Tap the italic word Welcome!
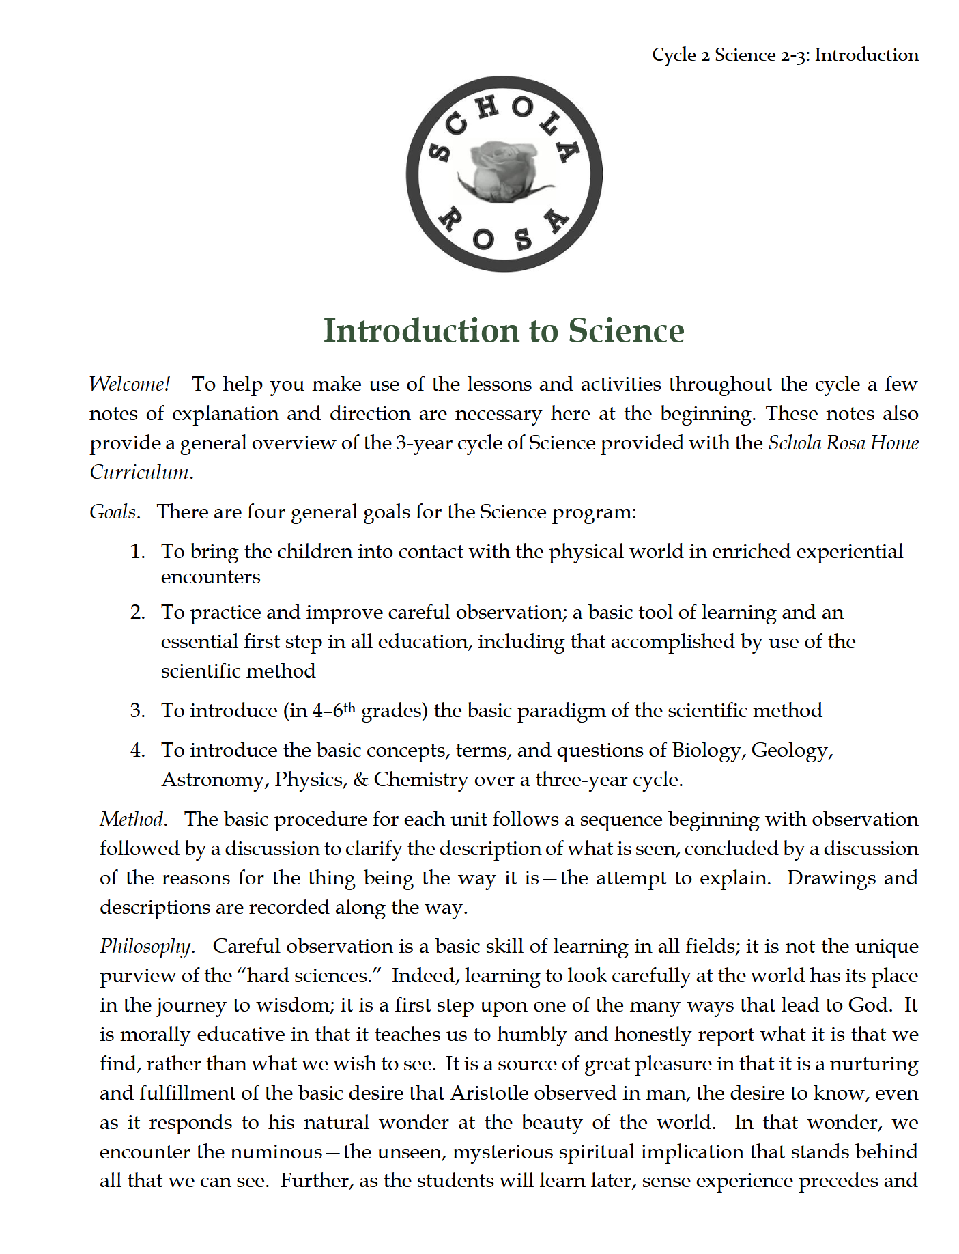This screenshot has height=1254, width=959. point(130,384)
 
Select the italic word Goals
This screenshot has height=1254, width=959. point(114,512)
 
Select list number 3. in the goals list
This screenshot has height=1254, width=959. point(137,710)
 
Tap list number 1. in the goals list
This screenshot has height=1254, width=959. point(137,551)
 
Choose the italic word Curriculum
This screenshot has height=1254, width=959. point(141,473)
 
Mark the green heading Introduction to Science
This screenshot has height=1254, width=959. point(503,331)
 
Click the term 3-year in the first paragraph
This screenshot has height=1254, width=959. point(423,443)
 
